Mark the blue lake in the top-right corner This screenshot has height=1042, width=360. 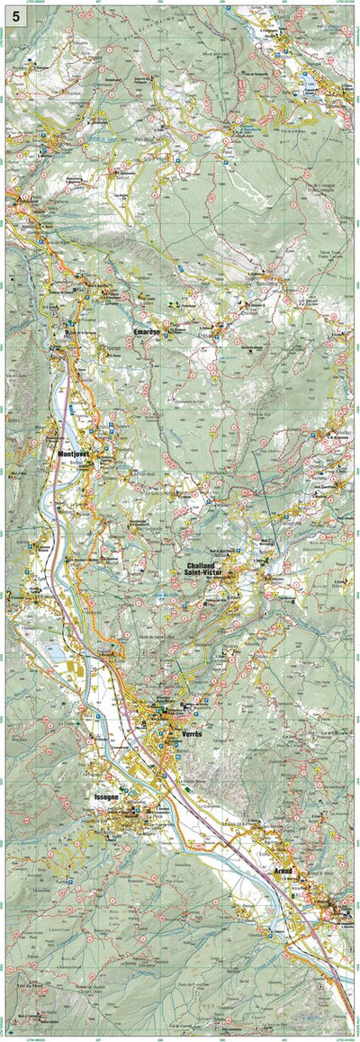(x=310, y=81)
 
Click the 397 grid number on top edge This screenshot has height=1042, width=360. (x=97, y=4)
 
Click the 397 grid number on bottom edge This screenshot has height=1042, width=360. (x=97, y=1038)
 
